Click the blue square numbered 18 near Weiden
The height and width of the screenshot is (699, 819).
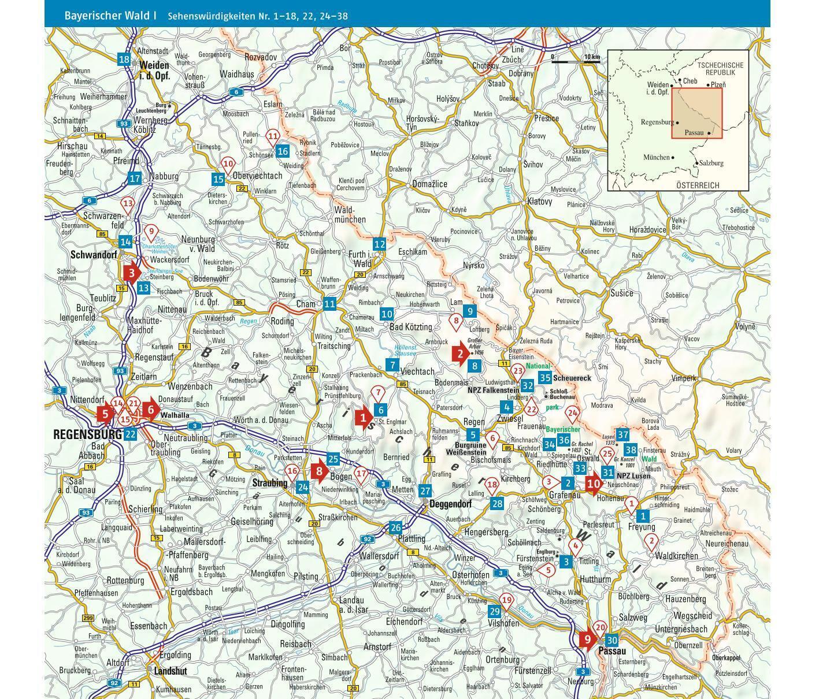pyautogui.click(x=124, y=60)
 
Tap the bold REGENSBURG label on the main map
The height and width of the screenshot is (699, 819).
pyautogui.click(x=87, y=434)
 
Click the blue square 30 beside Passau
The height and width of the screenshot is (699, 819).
pyautogui.click(x=612, y=640)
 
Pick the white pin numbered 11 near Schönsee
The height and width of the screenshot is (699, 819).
pyautogui.click(x=273, y=137)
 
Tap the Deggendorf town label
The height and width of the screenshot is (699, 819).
pyautogui.click(x=450, y=504)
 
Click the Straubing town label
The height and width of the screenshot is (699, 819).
pyautogui.click(x=270, y=483)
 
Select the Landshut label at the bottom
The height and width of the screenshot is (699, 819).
pyautogui.click(x=171, y=671)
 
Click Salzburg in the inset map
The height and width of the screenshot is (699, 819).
pyautogui.click(x=710, y=163)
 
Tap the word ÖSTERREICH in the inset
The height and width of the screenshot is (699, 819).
pyautogui.click(x=698, y=185)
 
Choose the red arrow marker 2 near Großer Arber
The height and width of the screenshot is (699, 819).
pyautogui.click(x=461, y=354)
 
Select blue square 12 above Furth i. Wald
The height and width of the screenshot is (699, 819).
pyautogui.click(x=379, y=244)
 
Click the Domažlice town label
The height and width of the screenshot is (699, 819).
pyautogui.click(x=429, y=184)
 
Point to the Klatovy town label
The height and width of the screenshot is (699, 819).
pyautogui.click(x=539, y=202)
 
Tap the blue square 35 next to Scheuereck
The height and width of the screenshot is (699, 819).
pyautogui.click(x=544, y=378)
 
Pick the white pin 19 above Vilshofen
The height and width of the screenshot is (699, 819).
pyautogui.click(x=507, y=601)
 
